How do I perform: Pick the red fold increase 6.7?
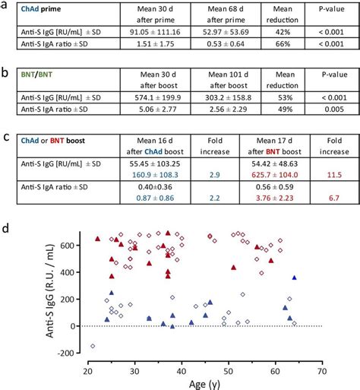pyautogui.click(x=325, y=218)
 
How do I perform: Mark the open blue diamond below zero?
pyautogui.click(x=93, y=346)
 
